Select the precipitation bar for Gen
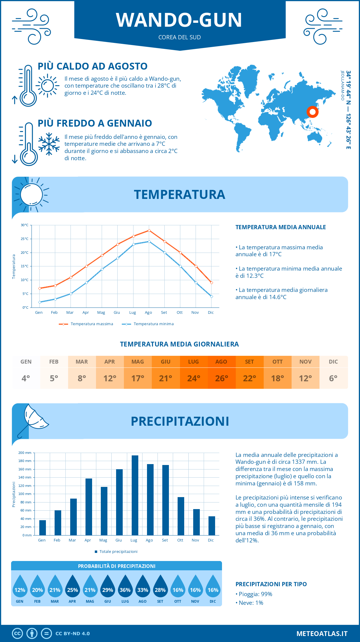[43, 528]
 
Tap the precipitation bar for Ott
[181, 516]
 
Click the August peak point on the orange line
[149, 230]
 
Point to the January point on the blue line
[40, 302]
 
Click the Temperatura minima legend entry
[148, 324]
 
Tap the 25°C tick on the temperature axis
[25, 239]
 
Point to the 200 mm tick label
[25, 453]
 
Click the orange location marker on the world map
[313, 112]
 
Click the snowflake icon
[49, 144]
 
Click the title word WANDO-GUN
[179, 20]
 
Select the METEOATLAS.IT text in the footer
[322, 634]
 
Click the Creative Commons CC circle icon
[17, 633]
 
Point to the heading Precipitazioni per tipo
[271, 584]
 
